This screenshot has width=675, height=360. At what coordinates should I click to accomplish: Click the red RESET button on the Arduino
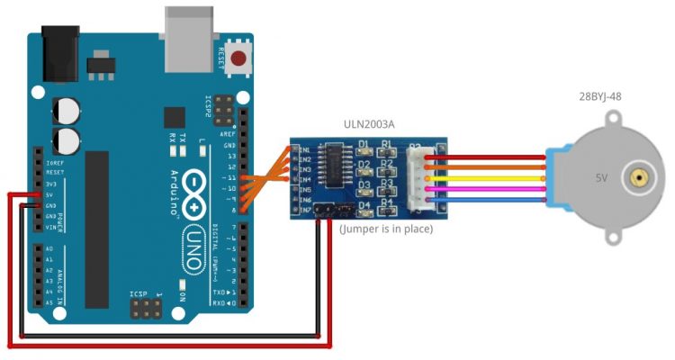(238, 59)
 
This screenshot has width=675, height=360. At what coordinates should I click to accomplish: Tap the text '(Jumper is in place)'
(386, 230)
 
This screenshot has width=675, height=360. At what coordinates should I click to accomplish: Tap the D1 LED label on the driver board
(364, 145)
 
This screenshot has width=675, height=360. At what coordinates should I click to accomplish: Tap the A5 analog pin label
(49, 305)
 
